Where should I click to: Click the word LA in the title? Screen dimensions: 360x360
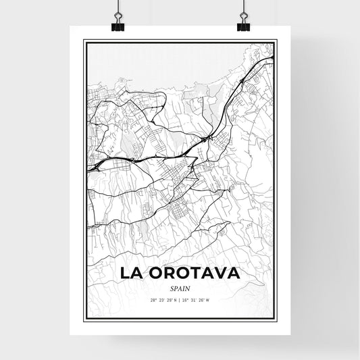tap(132, 274)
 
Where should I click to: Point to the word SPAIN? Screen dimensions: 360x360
tap(179, 287)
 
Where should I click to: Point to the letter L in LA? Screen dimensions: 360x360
tap(126, 274)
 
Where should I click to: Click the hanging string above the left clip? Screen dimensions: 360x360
tap(115, 7)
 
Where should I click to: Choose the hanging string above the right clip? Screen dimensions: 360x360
tap(243, 7)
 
